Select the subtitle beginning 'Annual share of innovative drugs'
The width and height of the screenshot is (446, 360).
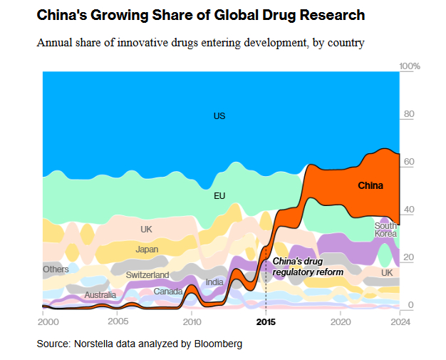(x=200, y=43)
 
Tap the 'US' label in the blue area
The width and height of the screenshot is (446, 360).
(x=219, y=115)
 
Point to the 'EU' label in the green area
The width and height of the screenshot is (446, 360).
(x=219, y=195)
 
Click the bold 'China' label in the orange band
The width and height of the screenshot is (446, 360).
(x=370, y=186)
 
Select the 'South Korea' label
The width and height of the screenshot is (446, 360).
(x=385, y=230)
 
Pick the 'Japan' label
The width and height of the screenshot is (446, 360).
(x=147, y=250)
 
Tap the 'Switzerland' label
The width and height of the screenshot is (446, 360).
(x=147, y=275)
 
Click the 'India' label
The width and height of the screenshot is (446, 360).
(x=214, y=282)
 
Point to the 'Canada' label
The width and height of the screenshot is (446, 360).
(x=168, y=291)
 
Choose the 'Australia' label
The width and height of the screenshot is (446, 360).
(x=100, y=295)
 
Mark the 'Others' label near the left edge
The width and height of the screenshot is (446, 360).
(x=56, y=269)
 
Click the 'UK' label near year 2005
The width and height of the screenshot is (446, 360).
(x=146, y=230)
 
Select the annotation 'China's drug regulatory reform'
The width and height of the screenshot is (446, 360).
(x=308, y=267)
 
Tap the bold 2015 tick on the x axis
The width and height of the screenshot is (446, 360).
(x=266, y=322)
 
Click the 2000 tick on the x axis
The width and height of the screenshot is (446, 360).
(x=43, y=322)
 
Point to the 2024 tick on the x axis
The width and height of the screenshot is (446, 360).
(x=400, y=322)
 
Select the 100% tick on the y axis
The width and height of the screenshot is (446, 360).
(x=410, y=66)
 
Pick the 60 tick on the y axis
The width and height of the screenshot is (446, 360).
(x=410, y=162)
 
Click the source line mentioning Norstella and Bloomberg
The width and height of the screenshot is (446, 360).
(x=140, y=344)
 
